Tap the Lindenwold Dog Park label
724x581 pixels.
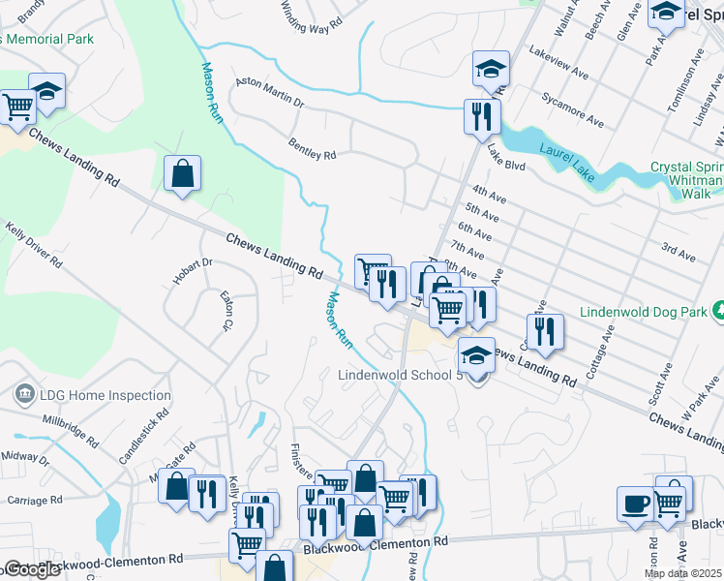pos(641,312)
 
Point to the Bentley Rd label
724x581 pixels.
pos(312,148)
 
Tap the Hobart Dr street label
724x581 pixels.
pos(193,262)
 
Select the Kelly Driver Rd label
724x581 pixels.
pos(34,246)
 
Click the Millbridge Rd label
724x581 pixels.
pos(71,431)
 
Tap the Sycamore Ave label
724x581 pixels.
pos(573,109)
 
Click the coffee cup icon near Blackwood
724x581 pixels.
pos(635,504)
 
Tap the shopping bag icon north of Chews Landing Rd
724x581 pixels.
pos(182,174)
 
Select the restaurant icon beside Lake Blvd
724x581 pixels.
pos(481,117)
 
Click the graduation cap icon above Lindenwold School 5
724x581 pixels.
pos(475,356)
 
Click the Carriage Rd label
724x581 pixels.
pos(34,500)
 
